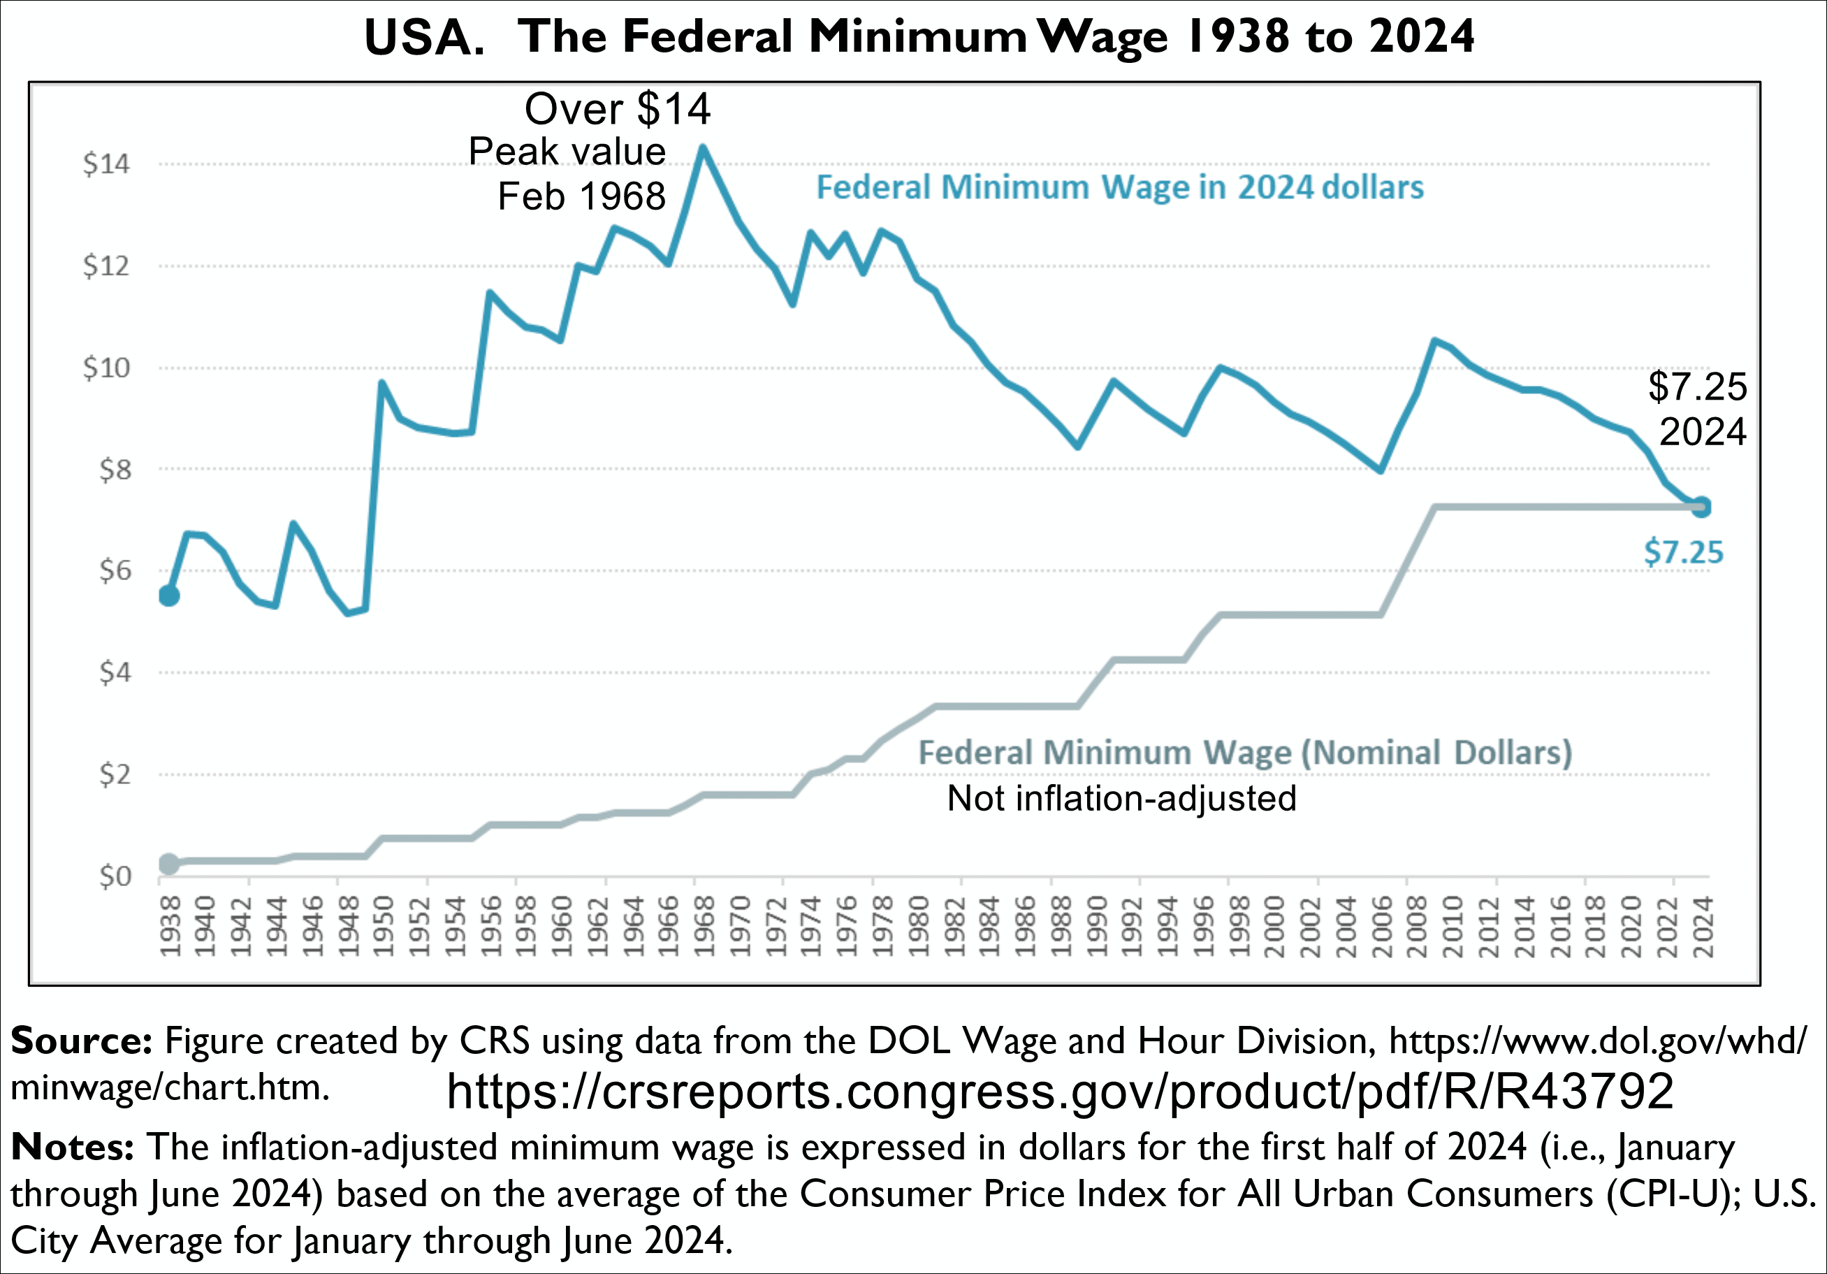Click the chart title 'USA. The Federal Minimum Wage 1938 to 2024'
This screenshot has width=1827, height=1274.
(x=919, y=38)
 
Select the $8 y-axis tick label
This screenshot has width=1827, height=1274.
(x=114, y=470)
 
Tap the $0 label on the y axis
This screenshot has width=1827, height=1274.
(x=114, y=876)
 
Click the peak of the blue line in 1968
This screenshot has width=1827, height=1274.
(x=703, y=147)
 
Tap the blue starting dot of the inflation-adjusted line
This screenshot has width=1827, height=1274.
(x=168, y=595)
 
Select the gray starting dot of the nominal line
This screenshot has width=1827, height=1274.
(x=168, y=863)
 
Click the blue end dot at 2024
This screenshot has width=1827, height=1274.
(x=1701, y=507)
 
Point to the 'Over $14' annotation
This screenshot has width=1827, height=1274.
(x=618, y=109)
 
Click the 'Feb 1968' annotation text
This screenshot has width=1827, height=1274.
(x=582, y=196)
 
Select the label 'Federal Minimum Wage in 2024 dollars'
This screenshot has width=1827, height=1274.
(x=1119, y=188)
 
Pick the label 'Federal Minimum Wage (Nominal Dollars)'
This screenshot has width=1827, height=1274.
(x=1245, y=753)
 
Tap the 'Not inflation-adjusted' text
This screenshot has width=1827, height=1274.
(x=1121, y=798)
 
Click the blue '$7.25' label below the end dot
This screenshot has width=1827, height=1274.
(x=1684, y=552)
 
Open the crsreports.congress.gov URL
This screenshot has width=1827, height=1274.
(x=1060, y=1091)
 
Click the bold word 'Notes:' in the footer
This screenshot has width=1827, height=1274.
(x=73, y=1148)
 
